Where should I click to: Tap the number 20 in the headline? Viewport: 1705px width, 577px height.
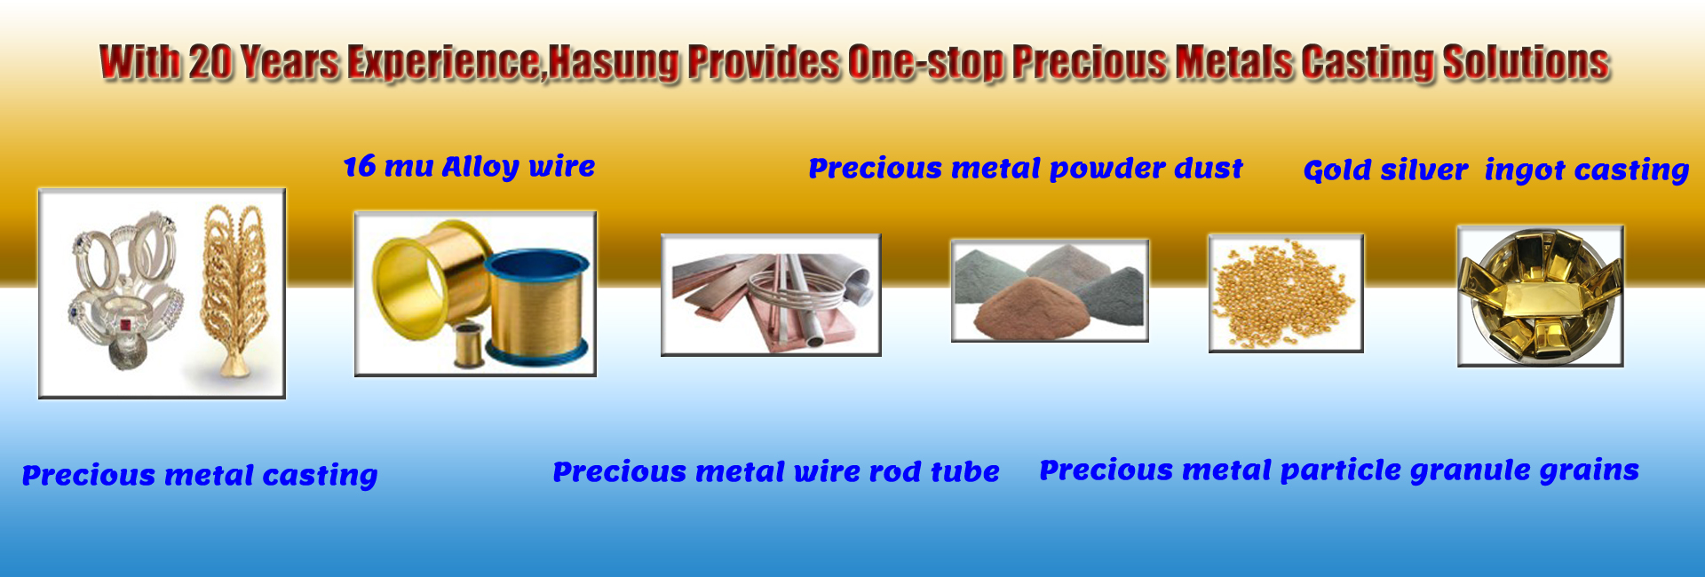pyautogui.click(x=210, y=63)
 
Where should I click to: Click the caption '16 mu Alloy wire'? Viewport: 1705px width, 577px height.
pyautogui.click(x=469, y=167)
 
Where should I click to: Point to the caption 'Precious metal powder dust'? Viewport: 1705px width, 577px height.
pyautogui.click(x=1025, y=169)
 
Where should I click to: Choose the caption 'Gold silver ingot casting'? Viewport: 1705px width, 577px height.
pyautogui.click(x=1495, y=170)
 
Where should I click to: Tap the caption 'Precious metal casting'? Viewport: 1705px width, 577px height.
pyautogui.click(x=200, y=476)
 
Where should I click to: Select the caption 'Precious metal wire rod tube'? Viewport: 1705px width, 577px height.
pyautogui.click(x=775, y=472)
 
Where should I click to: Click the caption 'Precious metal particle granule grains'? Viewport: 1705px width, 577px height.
pyautogui.click(x=1339, y=470)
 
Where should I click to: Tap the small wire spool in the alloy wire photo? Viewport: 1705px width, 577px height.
pyautogui.click(x=468, y=344)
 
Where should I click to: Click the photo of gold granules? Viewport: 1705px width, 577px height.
pyautogui.click(x=1285, y=293)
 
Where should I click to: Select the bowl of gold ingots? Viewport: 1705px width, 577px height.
pyautogui.click(x=1540, y=296)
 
